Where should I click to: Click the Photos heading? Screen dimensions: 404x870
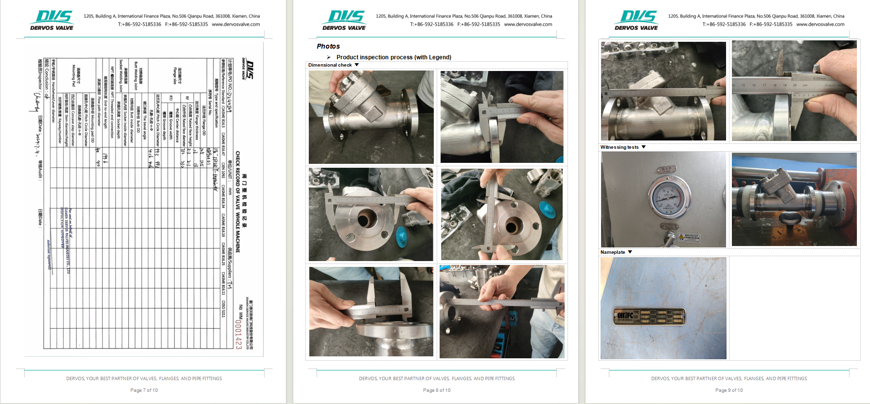[328, 46]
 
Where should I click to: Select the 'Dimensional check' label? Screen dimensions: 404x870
[330, 65]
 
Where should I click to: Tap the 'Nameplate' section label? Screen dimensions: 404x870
[612, 252]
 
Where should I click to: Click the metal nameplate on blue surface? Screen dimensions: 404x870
[650, 316]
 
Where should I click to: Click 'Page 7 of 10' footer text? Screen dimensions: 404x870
[144, 390]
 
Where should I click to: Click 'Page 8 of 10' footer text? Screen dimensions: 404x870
[437, 390]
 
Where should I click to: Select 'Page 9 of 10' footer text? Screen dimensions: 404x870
[729, 390]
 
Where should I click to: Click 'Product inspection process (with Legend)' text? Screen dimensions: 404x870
[393, 57]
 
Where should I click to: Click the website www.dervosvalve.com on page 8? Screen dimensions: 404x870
[528, 24]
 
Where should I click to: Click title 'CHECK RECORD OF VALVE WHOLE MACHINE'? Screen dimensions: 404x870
[238, 202]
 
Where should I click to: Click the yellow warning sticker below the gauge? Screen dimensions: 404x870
[689, 237]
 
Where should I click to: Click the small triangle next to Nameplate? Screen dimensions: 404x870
[630, 252]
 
